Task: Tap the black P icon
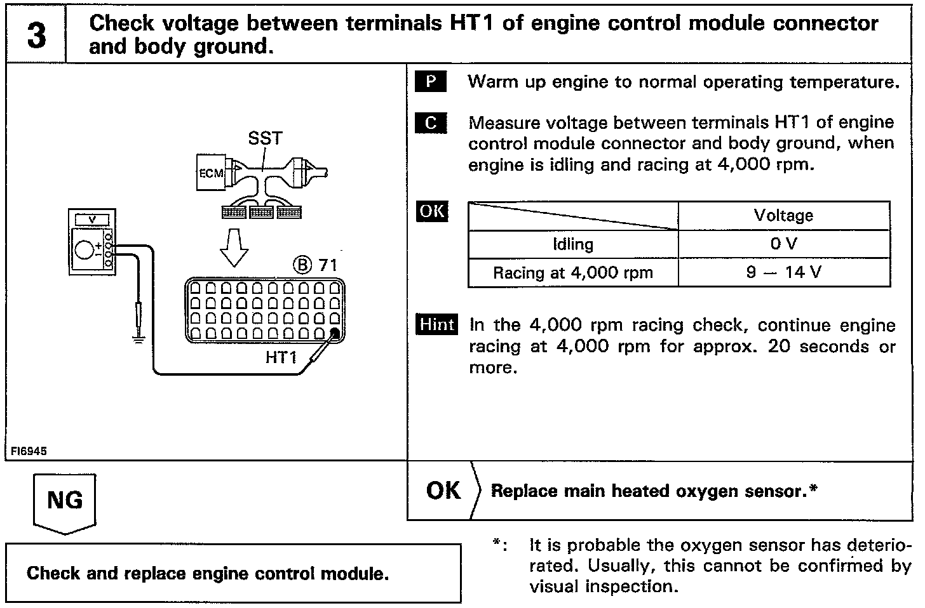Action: tap(430, 82)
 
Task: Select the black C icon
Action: tap(430, 122)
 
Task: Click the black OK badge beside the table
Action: tap(432, 211)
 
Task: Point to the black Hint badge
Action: tap(437, 324)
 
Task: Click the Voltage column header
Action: tap(783, 216)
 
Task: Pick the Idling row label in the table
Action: tap(573, 244)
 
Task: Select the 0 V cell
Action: tap(783, 244)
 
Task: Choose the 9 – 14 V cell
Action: tap(783, 273)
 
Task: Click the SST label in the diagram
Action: tap(265, 138)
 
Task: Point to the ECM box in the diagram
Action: tap(210, 173)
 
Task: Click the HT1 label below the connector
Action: tap(281, 357)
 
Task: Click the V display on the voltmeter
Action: tap(93, 219)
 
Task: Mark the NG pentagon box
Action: tap(65, 501)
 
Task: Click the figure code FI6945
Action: tap(29, 451)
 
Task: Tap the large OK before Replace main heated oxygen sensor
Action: tap(443, 491)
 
